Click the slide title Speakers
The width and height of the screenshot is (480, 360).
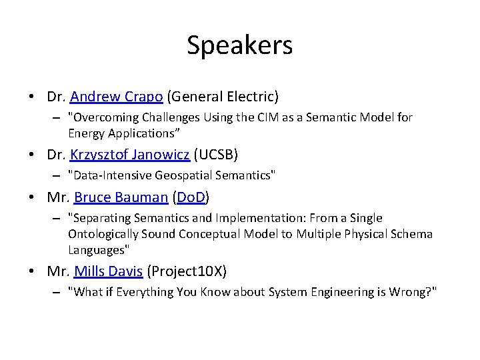coord(239,45)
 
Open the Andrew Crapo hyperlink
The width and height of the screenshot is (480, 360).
coord(116,97)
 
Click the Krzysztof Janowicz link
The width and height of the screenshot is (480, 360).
coord(130,155)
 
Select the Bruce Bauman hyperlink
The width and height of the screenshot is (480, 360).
coord(121,197)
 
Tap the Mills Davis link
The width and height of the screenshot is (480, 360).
coord(108,271)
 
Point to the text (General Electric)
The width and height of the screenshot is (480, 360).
coord(223,97)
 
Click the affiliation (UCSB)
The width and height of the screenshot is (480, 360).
coord(216,155)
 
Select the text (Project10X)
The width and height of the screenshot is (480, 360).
coord(187,271)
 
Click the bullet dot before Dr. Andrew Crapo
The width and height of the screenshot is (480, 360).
coord(32,97)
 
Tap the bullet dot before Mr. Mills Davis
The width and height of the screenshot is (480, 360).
coord(32,272)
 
